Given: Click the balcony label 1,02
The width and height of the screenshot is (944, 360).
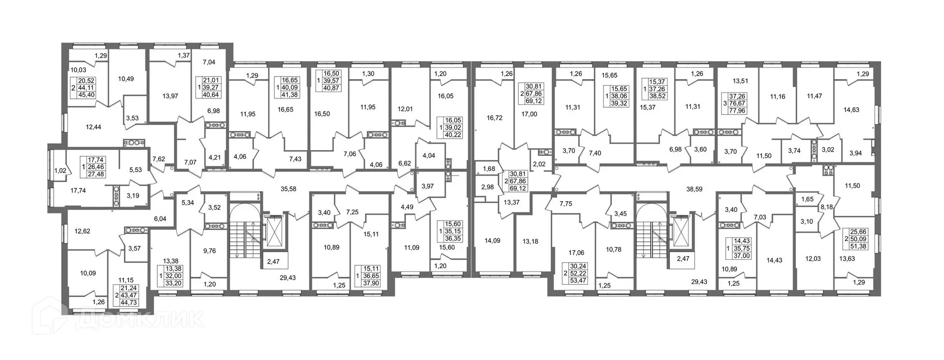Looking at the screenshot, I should pyautogui.click(x=60, y=171).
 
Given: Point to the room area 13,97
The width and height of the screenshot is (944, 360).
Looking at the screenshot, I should pyautogui.click(x=170, y=96).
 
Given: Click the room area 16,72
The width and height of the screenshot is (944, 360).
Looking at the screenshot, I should pyautogui.click(x=495, y=118).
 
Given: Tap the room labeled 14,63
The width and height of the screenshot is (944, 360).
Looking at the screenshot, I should pyautogui.click(x=851, y=110).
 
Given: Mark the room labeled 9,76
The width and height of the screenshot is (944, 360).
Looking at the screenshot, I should pyautogui.click(x=209, y=250).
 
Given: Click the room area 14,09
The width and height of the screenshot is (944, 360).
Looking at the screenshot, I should pyautogui.click(x=492, y=240).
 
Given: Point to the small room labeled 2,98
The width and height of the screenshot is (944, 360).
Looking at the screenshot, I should pyautogui.click(x=487, y=187).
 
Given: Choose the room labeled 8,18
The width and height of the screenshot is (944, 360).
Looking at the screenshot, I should pyautogui.click(x=826, y=208).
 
